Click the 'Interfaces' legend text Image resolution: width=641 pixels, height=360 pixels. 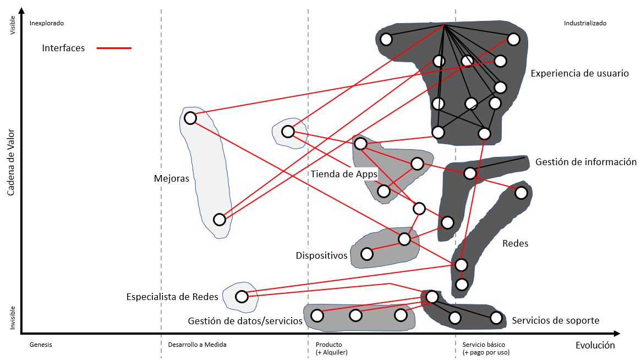[x=63, y=48]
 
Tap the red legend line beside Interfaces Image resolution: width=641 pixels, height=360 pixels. [x=114, y=48]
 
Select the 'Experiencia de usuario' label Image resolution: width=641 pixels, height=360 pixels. [x=579, y=73]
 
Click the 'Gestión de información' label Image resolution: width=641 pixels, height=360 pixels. [x=585, y=162]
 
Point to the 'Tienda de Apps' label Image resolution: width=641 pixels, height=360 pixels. [x=344, y=174]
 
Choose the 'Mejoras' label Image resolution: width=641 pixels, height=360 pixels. [x=172, y=178]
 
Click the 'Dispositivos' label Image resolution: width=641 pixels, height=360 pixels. [x=321, y=255]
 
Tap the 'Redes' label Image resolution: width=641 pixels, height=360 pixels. [x=515, y=243]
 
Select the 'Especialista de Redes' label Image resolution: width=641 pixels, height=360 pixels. [x=172, y=297]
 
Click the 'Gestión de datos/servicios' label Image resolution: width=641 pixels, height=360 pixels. [x=245, y=321]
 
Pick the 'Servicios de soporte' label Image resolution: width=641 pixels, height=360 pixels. [x=555, y=320]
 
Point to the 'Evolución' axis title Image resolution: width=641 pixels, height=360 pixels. [x=595, y=345]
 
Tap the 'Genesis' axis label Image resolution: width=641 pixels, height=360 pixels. [x=40, y=345]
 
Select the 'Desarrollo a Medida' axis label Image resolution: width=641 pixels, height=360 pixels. [x=196, y=345]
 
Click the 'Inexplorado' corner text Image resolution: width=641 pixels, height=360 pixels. [x=46, y=24]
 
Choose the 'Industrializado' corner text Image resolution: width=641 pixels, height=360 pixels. [x=585, y=24]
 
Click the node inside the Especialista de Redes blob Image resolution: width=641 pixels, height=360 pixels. [x=241, y=297]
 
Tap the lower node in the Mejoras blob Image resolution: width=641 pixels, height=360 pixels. [x=219, y=220]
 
